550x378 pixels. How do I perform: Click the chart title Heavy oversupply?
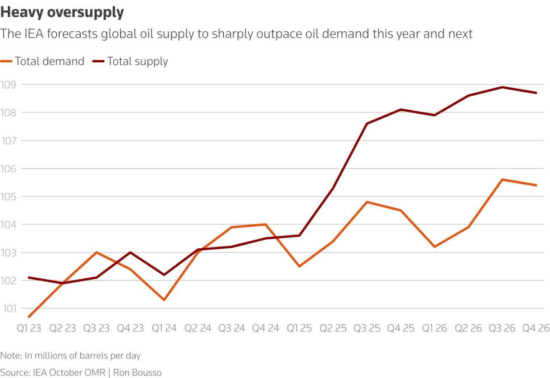click(x=62, y=12)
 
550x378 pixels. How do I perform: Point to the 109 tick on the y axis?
click(x=9, y=85)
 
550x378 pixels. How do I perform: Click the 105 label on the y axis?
click(x=9, y=196)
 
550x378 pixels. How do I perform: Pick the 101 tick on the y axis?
click(x=9, y=308)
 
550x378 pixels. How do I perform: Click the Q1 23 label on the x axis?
click(x=29, y=329)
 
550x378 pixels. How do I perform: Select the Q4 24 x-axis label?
click(x=266, y=329)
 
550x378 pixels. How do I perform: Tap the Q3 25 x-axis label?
click(x=367, y=329)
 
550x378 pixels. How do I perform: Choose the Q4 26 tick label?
click(x=536, y=329)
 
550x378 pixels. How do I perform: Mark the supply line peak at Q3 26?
click(x=502, y=87)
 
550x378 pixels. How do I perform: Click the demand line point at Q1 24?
click(x=164, y=300)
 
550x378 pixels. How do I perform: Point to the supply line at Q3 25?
click(x=367, y=124)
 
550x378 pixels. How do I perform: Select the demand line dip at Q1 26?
click(x=435, y=247)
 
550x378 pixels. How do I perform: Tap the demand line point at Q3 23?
click(x=96, y=252)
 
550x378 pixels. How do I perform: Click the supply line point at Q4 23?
click(x=130, y=252)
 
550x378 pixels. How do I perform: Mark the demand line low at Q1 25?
click(x=299, y=266)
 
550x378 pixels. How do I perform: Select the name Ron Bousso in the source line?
click(x=137, y=372)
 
